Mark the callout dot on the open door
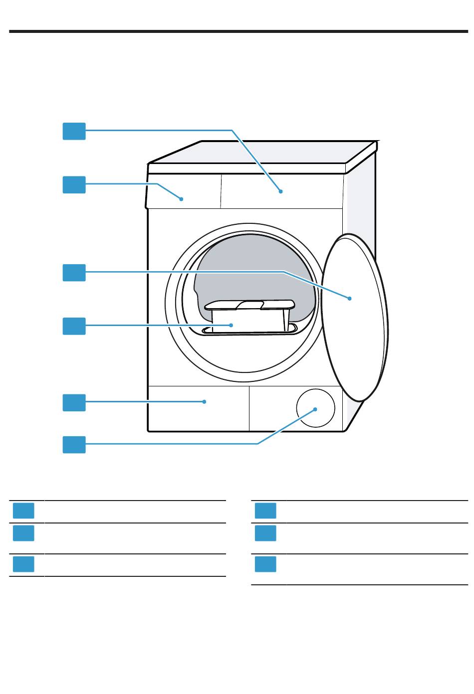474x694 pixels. point(350,298)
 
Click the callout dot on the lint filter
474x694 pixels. point(232,325)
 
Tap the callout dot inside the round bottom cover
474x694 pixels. point(315,409)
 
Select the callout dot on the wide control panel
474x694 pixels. point(281,191)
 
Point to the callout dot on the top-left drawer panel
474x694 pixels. point(182,198)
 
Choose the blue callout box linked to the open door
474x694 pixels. point(74,273)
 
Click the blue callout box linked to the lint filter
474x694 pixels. point(74,326)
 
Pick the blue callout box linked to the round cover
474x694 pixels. point(74,444)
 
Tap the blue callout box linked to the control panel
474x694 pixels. point(74,131)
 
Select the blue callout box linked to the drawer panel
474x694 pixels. point(74,184)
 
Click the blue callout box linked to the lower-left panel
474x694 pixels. point(74,402)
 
